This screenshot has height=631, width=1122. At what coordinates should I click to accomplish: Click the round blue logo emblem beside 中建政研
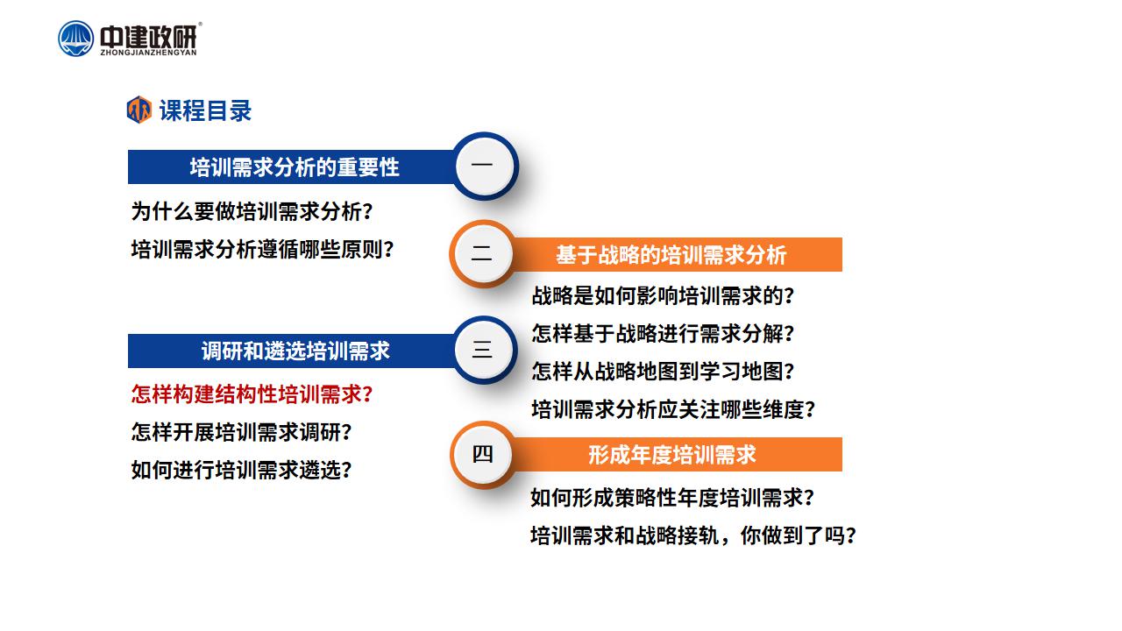75,39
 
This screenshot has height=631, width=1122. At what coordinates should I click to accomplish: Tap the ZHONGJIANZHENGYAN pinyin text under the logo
148,53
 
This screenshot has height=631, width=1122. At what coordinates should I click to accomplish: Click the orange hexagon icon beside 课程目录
139,110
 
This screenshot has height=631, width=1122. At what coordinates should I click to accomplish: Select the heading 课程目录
205,110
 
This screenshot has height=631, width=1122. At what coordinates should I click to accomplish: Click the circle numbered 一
485,167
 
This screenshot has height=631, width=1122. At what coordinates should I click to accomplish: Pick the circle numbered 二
482,253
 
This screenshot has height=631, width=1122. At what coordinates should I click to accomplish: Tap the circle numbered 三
485,350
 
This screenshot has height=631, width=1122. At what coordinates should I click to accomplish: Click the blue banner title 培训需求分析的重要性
295,167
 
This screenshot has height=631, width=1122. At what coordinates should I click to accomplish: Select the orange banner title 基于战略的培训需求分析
671,255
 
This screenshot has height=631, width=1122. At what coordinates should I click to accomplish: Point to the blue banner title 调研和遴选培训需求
295,351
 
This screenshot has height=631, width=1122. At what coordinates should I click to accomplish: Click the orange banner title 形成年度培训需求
672,455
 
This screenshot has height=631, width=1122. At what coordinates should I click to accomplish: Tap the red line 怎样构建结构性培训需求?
252,394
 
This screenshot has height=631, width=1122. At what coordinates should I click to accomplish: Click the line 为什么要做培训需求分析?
252,211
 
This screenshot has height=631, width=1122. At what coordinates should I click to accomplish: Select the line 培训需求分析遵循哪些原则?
262,250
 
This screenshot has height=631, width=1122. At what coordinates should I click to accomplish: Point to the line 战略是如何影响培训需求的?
663,295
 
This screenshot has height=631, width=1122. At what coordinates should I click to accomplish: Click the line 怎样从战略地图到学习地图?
663,372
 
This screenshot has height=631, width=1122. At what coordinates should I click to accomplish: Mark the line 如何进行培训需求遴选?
241,471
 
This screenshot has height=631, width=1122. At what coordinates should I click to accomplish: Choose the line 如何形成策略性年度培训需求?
672,498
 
